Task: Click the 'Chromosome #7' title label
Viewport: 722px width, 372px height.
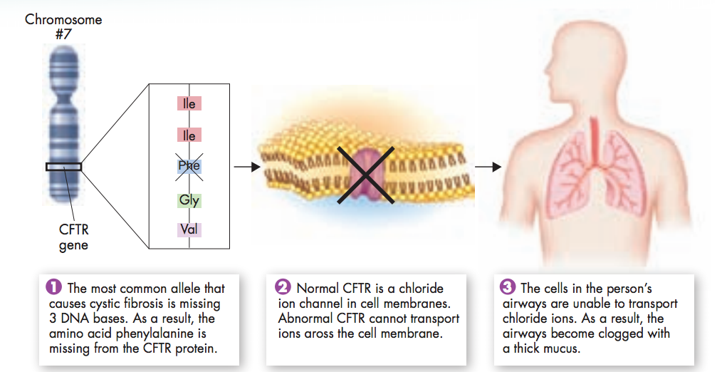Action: (x=63, y=26)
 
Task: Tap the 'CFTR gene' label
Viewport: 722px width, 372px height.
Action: (x=73, y=238)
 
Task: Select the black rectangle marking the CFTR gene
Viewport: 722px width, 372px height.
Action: (x=63, y=167)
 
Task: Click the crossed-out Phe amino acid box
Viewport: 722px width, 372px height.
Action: (x=189, y=166)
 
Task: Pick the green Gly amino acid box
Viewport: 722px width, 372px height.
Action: (x=189, y=200)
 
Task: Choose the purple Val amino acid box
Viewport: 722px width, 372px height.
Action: (x=189, y=229)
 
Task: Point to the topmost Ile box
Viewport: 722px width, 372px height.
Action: (x=189, y=103)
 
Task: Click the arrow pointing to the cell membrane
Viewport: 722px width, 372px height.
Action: (x=244, y=167)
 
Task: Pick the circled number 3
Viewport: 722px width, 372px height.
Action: (x=508, y=288)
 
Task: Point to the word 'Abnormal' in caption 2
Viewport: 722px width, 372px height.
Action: (x=305, y=319)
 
